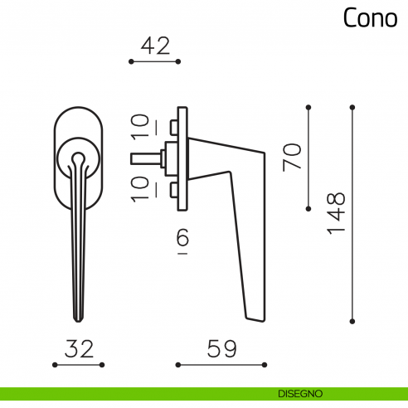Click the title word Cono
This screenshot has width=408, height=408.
tap(370, 18)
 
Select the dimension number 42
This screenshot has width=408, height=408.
tap(155, 46)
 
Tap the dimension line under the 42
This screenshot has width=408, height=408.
tap(155, 61)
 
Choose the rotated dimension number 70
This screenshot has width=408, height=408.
tap(293, 157)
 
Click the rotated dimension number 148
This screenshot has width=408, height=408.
tap(336, 213)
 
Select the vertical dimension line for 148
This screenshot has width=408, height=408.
tap(352, 213)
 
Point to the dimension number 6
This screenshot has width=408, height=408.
tap(183, 240)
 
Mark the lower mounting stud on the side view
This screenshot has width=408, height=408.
tap(172, 191)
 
